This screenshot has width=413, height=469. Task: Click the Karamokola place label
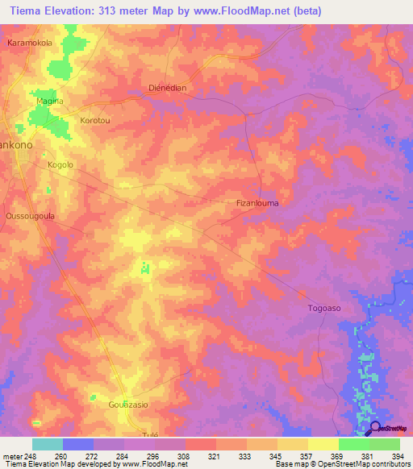(x=30, y=42)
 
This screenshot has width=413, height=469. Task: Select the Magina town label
(x=50, y=101)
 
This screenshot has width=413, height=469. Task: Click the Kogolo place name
(x=60, y=164)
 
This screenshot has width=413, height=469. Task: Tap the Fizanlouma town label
(x=257, y=203)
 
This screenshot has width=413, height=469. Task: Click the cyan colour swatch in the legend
(x=48, y=444)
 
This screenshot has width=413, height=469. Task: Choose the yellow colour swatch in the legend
(x=323, y=444)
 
